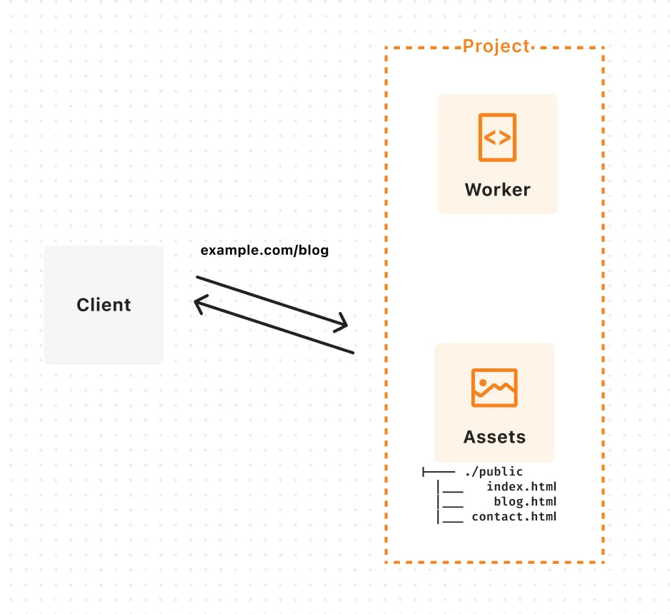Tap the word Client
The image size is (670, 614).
(104, 305)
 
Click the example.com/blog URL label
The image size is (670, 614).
(264, 251)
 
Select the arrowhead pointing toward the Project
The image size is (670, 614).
(344, 324)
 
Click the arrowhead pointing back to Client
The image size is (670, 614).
(199, 304)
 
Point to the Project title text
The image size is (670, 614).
(496, 46)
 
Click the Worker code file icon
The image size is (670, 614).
(497, 137)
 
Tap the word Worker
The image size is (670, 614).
(497, 190)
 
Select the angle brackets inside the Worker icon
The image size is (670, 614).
(497, 137)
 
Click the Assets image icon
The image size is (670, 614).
(494, 388)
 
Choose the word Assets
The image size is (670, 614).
(494, 437)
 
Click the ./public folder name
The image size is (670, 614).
(494, 472)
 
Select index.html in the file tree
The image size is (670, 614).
(521, 487)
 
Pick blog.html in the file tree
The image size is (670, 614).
(524, 502)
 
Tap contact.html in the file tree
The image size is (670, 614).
(514, 517)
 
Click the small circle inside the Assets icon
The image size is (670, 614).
(483, 383)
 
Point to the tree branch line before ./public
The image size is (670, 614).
(439, 472)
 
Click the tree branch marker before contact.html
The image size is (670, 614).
(449, 517)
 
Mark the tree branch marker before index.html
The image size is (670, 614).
(449, 487)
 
